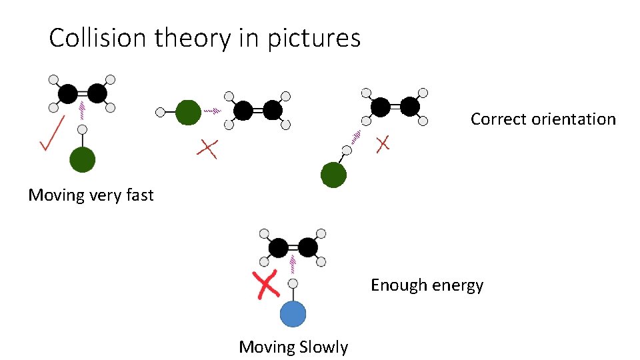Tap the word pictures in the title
pyautogui.click(x=314, y=39)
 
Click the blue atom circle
pyautogui.click(x=293, y=314)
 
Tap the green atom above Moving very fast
pyautogui.click(x=83, y=160)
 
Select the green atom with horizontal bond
pyautogui.click(x=188, y=112)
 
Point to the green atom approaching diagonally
pyautogui.click(x=333, y=175)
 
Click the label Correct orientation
pyautogui.click(x=543, y=119)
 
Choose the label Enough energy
pyautogui.click(x=427, y=285)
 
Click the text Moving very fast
pyautogui.click(x=91, y=195)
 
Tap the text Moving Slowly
pyautogui.click(x=293, y=347)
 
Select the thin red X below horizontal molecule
pyautogui.click(x=207, y=149)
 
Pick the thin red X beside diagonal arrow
pyautogui.click(x=383, y=143)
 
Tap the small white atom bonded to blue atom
pyautogui.click(x=293, y=284)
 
